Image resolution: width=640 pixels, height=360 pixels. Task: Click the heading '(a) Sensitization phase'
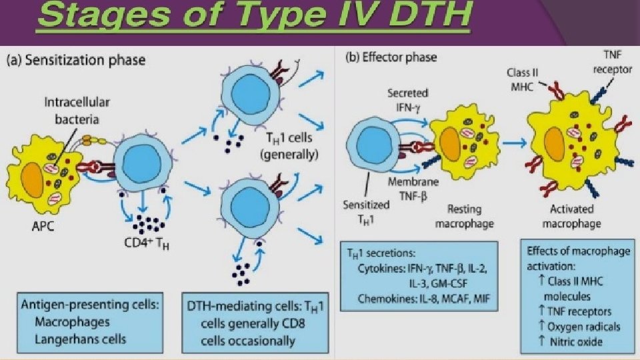pos(75,61)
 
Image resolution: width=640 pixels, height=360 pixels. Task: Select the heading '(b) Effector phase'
pos(391,57)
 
